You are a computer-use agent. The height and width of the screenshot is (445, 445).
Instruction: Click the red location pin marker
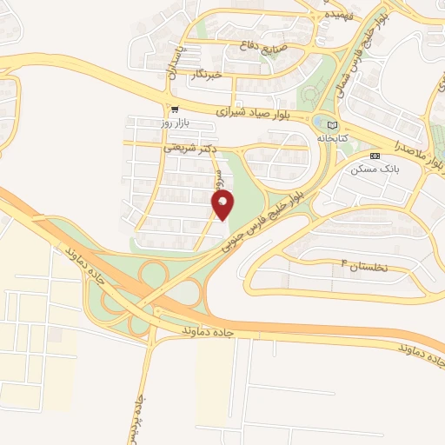pyautogui.click(x=223, y=206)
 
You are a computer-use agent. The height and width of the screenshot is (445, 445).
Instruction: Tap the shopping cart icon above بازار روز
pyautogui.click(x=176, y=110)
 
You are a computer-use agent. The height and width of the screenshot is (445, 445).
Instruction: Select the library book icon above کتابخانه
pyautogui.click(x=332, y=124)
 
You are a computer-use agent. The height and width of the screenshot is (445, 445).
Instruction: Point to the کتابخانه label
pyautogui.click(x=332, y=138)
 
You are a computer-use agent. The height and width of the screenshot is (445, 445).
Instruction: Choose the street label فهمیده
pyautogui.click(x=338, y=16)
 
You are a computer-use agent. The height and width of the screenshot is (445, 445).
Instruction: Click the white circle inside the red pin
pyautogui.click(x=223, y=201)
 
